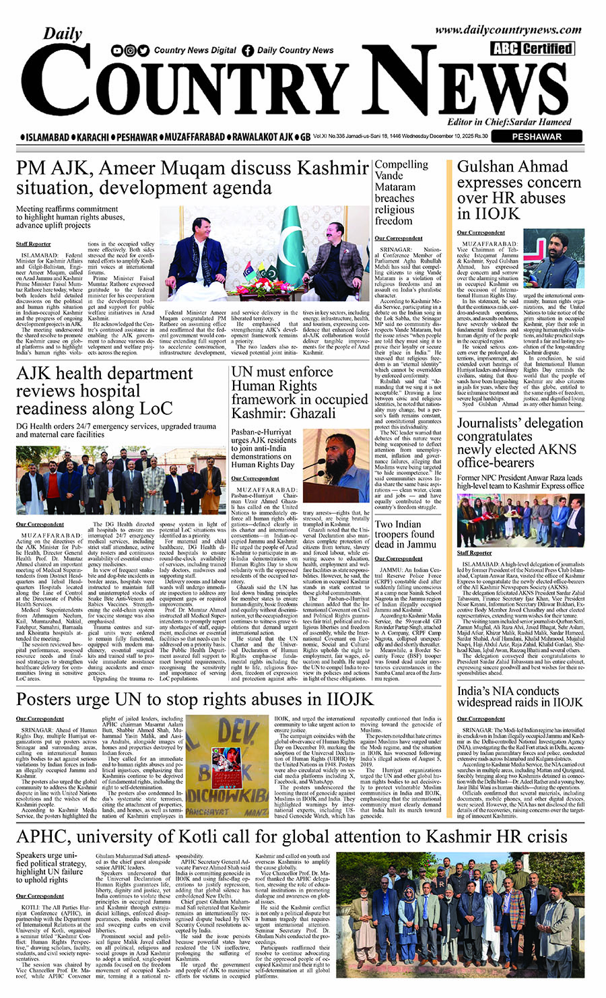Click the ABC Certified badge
pyautogui.click(x=532, y=48)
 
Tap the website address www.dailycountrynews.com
pyautogui.click(x=508, y=30)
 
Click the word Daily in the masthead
pyautogui.click(x=63, y=34)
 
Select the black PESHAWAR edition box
pyautogui.click(x=537, y=136)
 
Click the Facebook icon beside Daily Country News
pyautogui.click(x=248, y=51)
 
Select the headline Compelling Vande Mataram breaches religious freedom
pyautogui.click(x=403, y=192)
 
